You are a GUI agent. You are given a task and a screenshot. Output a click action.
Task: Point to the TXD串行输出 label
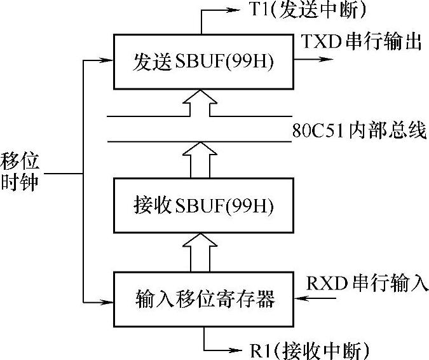[x=362, y=43]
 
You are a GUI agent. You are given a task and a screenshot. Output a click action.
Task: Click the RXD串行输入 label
[x=367, y=281]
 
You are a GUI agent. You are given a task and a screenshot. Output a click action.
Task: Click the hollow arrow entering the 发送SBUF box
[x=200, y=104]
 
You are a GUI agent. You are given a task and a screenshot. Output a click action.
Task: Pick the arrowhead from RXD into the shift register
[x=301, y=298]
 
